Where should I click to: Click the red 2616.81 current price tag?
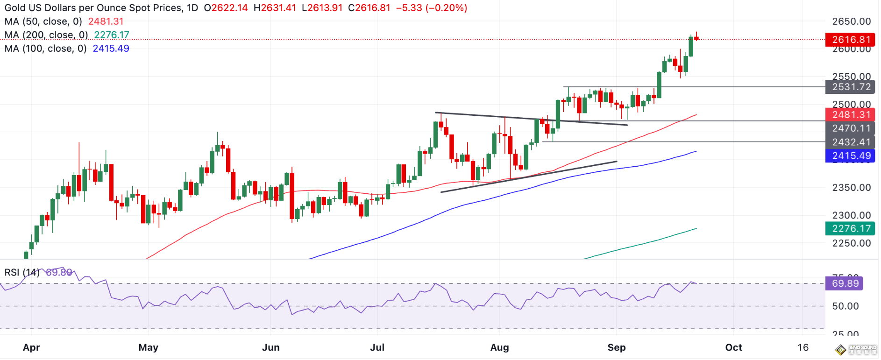click(850, 40)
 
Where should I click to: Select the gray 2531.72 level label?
click(850, 87)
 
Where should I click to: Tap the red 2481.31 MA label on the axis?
click(850, 115)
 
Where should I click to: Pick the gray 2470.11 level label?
click(850, 128)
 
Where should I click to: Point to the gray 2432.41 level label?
click(850, 142)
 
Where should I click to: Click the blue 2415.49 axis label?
click(850, 156)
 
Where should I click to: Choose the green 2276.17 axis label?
click(850, 228)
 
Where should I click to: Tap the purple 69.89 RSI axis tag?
click(844, 283)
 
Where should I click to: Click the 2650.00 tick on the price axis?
click(852, 21)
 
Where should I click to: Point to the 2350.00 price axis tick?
click(852, 188)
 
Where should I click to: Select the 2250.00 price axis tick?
click(852, 243)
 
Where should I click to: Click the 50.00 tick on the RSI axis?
click(845, 306)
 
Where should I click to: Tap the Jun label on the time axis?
click(271, 347)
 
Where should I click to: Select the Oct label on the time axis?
click(733, 347)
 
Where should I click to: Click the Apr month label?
click(31, 347)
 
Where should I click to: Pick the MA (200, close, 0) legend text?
click(46, 35)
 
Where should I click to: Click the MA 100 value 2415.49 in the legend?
click(111, 49)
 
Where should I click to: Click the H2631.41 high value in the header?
click(275, 8)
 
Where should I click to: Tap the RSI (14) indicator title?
click(22, 272)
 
